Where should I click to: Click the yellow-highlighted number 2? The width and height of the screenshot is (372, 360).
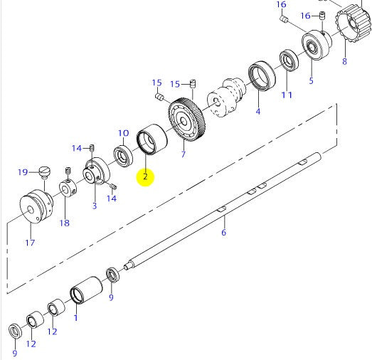pyautogui.click(x=145, y=177)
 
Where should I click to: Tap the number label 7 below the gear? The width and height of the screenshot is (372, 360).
pyautogui.click(x=183, y=154)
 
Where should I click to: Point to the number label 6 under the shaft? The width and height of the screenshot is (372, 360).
pyautogui.click(x=223, y=233)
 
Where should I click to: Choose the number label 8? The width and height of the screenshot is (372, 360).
pyautogui.click(x=344, y=61)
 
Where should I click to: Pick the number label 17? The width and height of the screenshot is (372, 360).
pyautogui.click(x=30, y=243)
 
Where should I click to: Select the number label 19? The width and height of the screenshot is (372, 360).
pyautogui.click(x=23, y=171)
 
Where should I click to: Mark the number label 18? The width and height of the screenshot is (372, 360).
pyautogui.click(x=65, y=223)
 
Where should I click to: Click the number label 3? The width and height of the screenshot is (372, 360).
pyautogui.click(x=94, y=206)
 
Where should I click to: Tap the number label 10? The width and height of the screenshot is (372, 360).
pyautogui.click(x=123, y=133)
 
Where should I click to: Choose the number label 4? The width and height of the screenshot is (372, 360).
pyautogui.click(x=257, y=111)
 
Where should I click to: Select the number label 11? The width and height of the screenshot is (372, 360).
pyautogui.click(x=287, y=95)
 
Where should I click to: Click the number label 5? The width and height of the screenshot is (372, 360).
pyautogui.click(x=311, y=80)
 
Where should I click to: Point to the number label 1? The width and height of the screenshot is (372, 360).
pyautogui.click(x=76, y=319)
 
